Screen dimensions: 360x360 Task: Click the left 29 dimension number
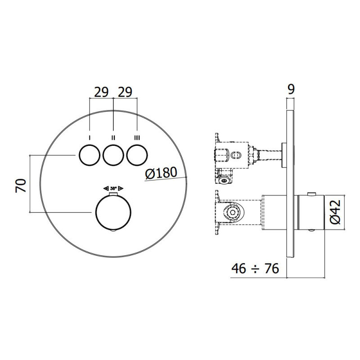coord(101,92)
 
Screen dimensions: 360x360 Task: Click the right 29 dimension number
coord(125,92)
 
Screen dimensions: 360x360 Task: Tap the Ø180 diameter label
coord(162,173)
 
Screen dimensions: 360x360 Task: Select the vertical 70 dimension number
coord(20,186)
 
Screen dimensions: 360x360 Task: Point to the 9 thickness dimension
coord(291,90)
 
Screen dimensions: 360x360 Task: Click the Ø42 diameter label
coord(335,212)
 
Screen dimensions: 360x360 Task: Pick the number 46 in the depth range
coord(239,268)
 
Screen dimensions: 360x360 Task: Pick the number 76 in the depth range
coord(272,268)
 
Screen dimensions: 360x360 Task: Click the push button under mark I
coord(89,155)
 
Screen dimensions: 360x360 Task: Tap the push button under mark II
coord(113,155)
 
